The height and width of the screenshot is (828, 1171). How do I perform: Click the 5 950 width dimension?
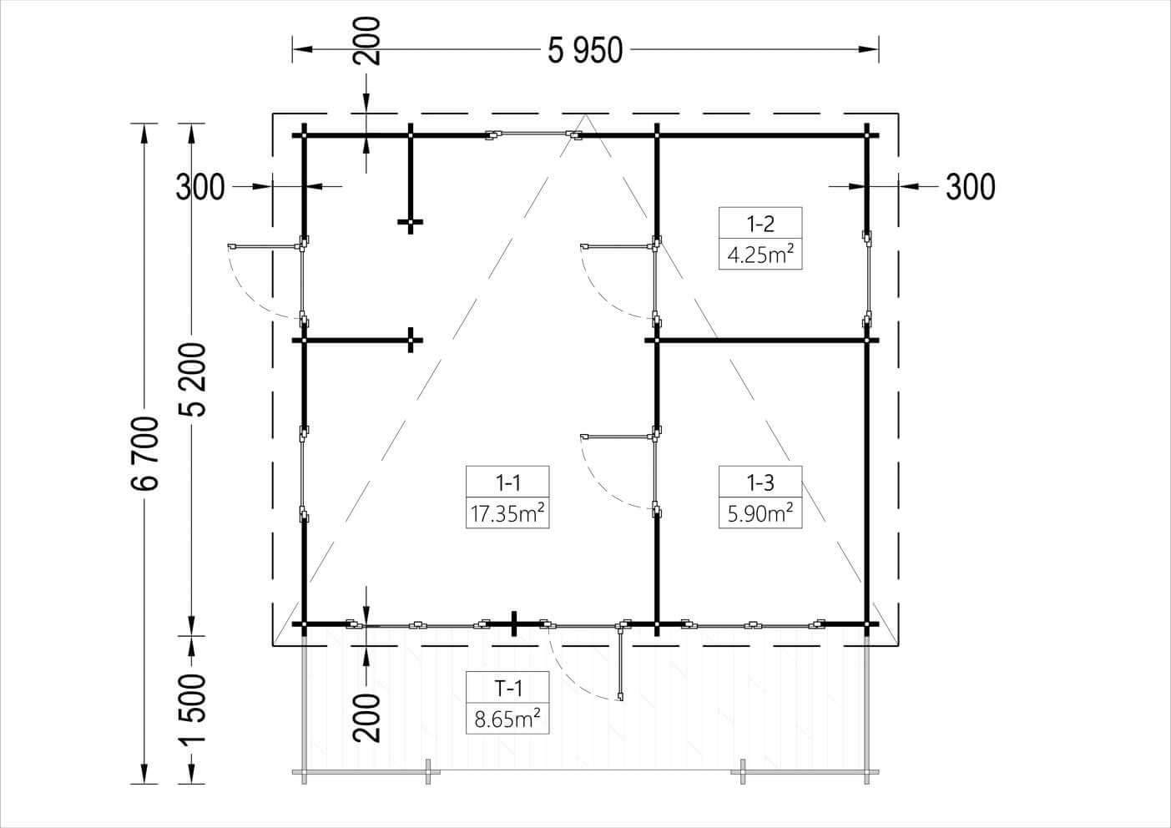(x=585, y=50)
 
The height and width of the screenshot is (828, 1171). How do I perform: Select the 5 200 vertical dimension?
(x=194, y=380)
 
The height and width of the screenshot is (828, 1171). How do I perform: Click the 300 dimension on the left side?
(x=200, y=187)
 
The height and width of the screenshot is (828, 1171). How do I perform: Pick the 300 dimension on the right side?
(x=970, y=187)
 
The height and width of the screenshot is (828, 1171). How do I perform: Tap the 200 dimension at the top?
(x=367, y=40)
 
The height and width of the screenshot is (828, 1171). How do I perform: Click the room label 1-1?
(x=507, y=482)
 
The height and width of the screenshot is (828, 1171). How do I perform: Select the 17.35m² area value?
(x=507, y=512)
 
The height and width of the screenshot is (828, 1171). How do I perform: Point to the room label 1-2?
(x=760, y=223)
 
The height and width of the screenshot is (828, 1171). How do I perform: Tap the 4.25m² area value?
(x=760, y=254)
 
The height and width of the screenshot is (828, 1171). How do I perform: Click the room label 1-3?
(x=760, y=482)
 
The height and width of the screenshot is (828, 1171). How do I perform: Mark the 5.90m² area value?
(x=760, y=512)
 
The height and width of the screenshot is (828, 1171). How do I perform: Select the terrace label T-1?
(x=507, y=688)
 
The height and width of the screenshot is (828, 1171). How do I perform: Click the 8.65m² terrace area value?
(x=507, y=719)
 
